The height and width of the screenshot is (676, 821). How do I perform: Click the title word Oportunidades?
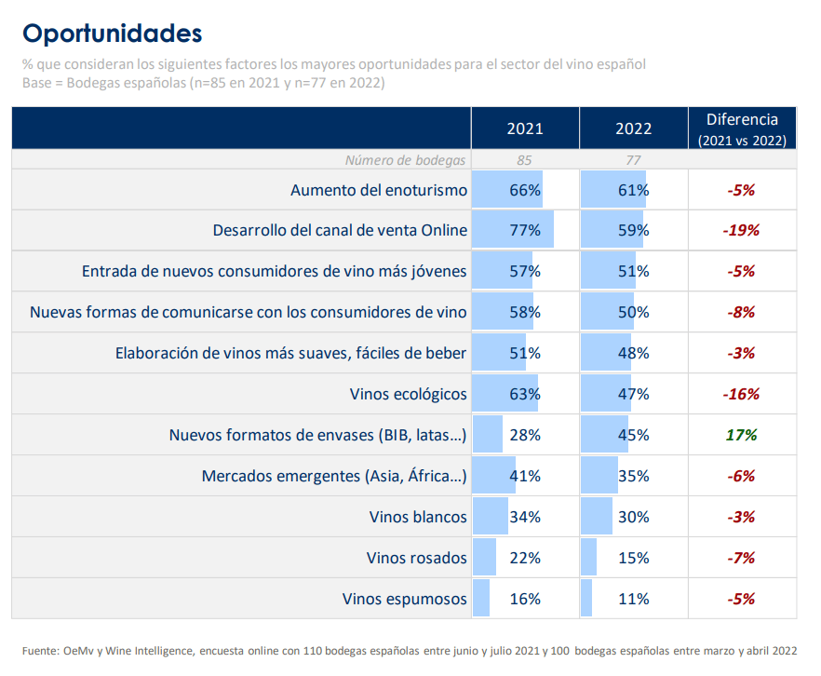tap(112, 34)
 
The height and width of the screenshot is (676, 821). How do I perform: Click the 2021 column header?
tap(525, 128)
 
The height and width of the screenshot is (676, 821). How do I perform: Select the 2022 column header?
tap(633, 128)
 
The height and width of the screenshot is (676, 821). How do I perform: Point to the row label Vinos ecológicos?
tap(409, 394)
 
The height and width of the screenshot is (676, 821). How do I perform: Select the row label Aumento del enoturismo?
tap(379, 190)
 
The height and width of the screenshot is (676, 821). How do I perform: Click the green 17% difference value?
tap(742, 435)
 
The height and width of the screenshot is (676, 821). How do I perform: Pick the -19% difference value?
tap(742, 230)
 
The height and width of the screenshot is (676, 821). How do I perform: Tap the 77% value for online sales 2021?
tap(525, 230)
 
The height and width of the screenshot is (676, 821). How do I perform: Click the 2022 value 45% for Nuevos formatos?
tap(634, 435)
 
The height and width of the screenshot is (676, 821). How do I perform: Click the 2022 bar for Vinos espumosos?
tap(586, 599)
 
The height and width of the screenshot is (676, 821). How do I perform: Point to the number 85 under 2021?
tap(525, 160)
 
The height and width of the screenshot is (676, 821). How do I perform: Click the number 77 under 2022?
tap(633, 160)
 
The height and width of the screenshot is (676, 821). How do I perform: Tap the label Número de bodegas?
tap(405, 160)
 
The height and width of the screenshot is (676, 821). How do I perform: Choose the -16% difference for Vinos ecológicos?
tap(742, 394)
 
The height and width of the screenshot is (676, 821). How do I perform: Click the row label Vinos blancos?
tap(418, 517)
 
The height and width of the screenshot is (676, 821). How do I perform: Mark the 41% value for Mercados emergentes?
tap(525, 476)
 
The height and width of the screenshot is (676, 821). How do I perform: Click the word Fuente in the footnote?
tap(41, 651)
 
